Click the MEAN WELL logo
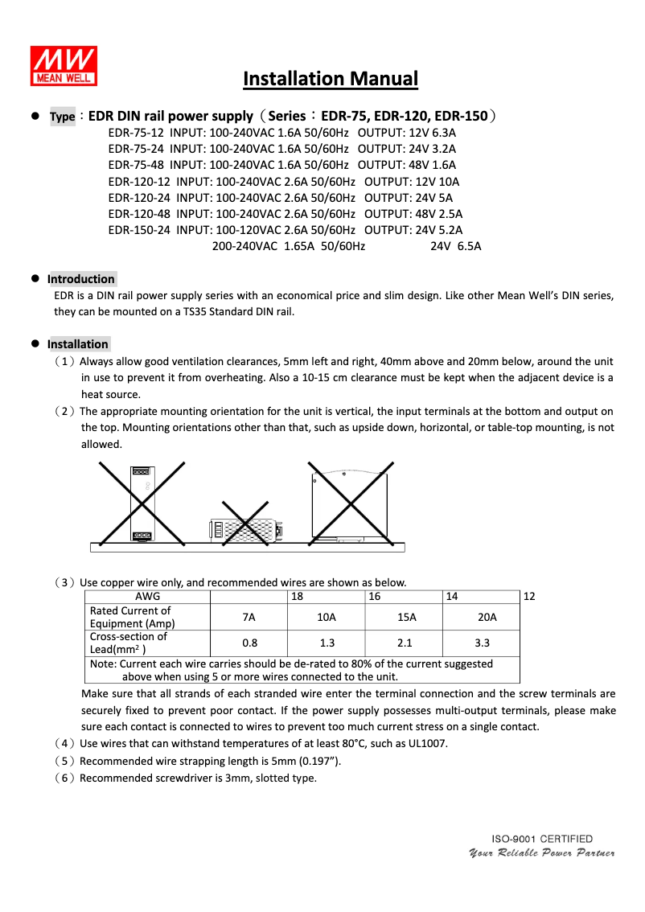click(64, 66)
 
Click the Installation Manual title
click(331, 79)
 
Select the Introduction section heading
click(81, 279)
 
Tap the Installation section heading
click(78, 344)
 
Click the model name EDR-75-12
click(136, 133)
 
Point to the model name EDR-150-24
click(139, 230)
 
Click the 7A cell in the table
click(249, 617)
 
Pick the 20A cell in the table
click(482, 617)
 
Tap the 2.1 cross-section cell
click(405, 643)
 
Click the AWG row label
click(148, 597)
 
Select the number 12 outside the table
click(529, 597)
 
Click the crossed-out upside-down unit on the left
click(142, 503)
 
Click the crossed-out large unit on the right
click(351, 505)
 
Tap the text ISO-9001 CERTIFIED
click(542, 839)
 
